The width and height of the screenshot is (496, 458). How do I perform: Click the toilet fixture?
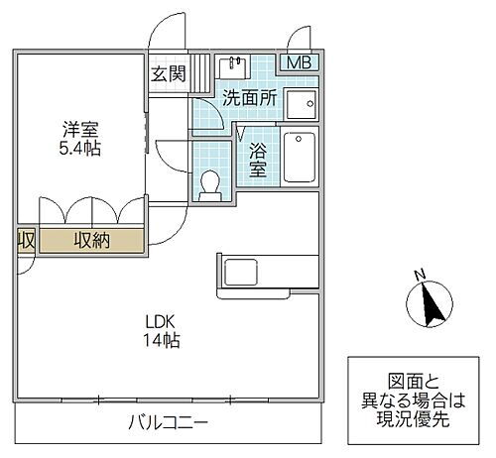209,185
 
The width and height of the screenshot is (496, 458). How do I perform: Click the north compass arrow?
431,303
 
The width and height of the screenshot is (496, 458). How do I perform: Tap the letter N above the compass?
420,275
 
